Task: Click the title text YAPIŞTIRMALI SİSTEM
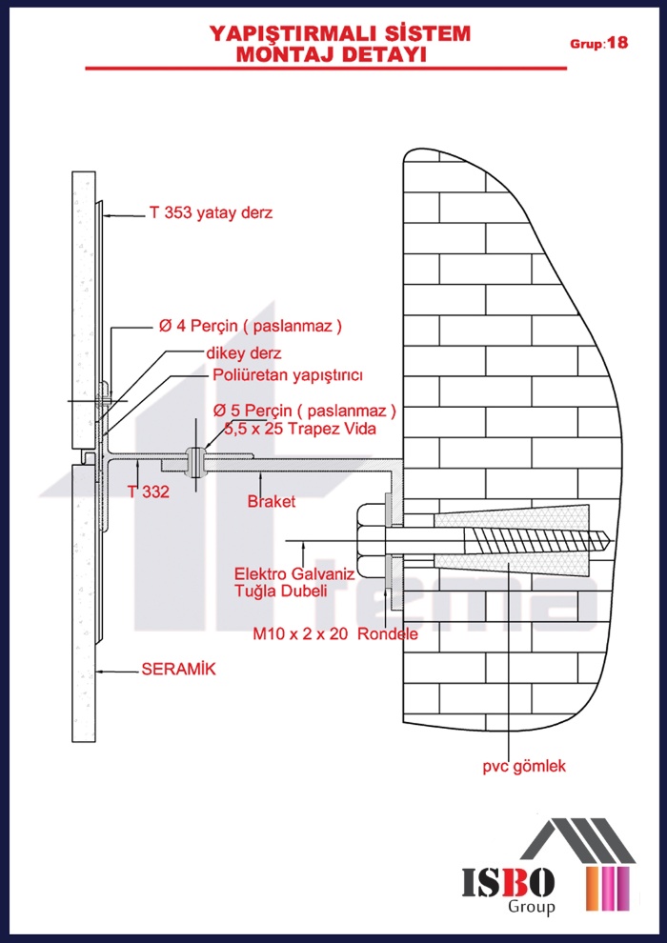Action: [x=340, y=34]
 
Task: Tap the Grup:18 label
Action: [x=598, y=44]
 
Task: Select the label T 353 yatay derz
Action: [x=211, y=213]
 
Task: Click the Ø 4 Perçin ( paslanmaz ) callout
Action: [x=250, y=326]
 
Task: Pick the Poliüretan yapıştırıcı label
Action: [x=288, y=374]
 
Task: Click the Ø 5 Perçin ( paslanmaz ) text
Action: [x=304, y=411]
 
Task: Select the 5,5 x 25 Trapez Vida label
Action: [x=304, y=430]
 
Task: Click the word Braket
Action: [x=272, y=501]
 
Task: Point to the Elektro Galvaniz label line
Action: [x=294, y=574]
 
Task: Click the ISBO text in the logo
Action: [x=509, y=884]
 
